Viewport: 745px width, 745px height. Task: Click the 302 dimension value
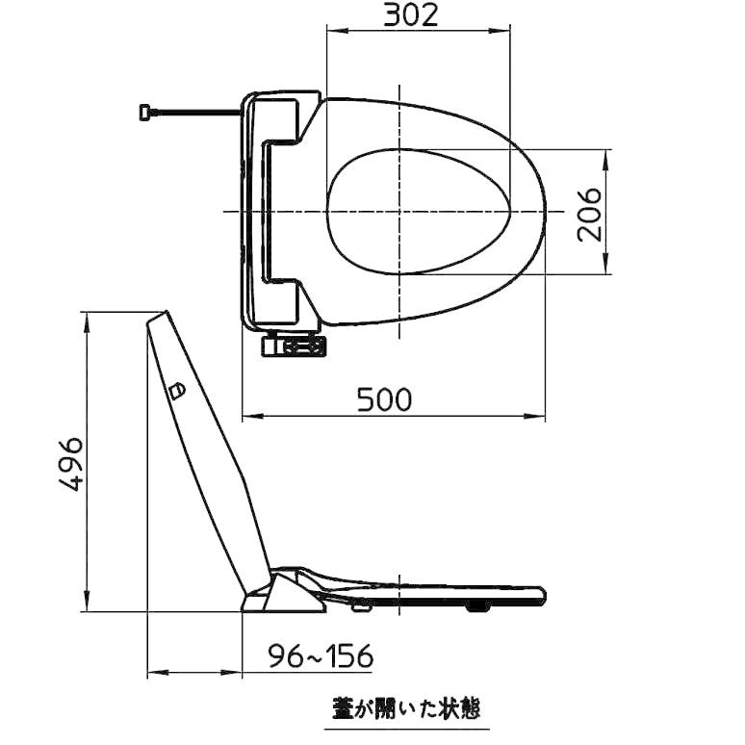[x=411, y=14]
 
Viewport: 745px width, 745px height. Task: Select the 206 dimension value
[x=588, y=213]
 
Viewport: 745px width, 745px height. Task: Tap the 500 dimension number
[x=384, y=398]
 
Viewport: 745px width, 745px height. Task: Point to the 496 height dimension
[x=70, y=462]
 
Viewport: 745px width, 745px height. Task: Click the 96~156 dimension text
[x=320, y=656]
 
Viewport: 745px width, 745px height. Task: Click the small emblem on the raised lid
[x=176, y=390]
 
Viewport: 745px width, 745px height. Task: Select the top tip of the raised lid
[x=159, y=315]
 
